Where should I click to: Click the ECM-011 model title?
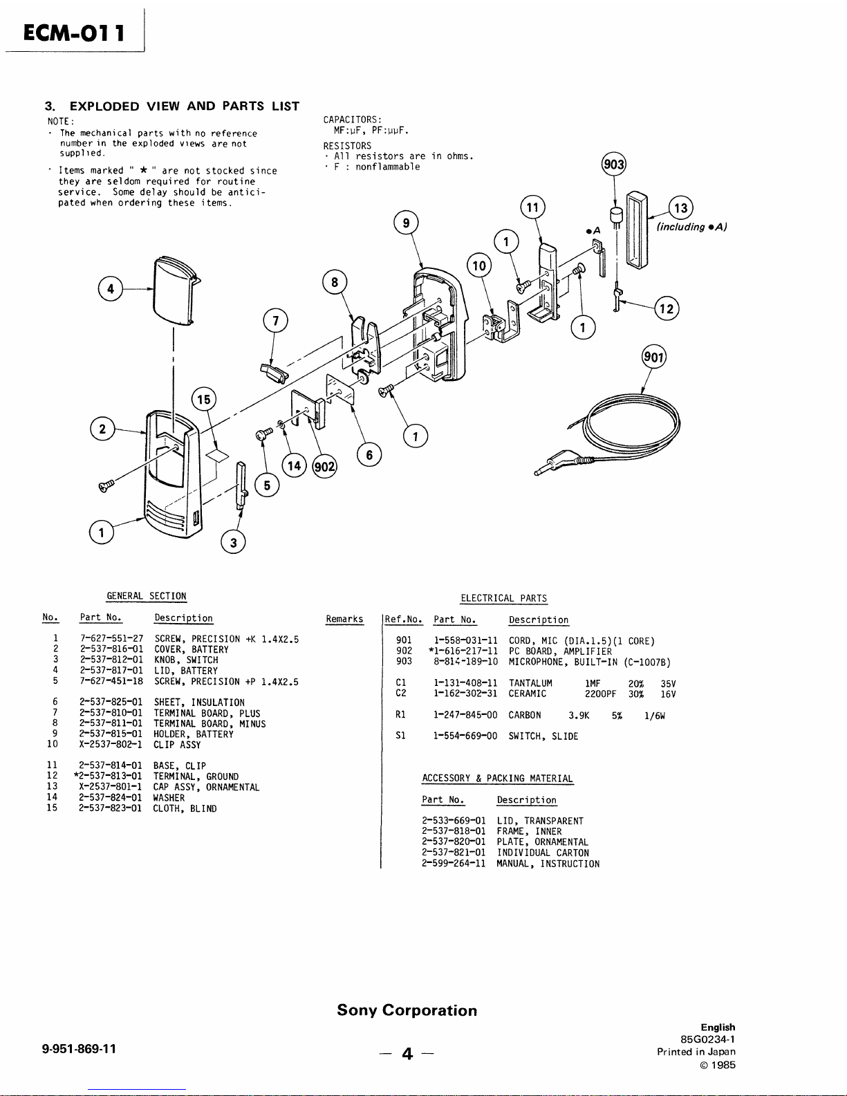pos(74,32)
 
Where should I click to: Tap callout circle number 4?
pos(111,288)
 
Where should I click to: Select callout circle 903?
pos(614,164)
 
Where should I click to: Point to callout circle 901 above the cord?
pos(653,357)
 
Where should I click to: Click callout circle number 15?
pos(204,400)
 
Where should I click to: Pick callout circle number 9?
pos(406,223)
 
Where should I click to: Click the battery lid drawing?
pos(173,288)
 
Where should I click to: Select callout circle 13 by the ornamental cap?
pos(681,208)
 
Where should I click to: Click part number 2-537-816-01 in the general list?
pos(111,649)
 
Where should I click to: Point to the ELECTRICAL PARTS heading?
pos(503,598)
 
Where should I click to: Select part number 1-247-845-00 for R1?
pos(465,715)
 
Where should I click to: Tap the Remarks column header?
pos(344,619)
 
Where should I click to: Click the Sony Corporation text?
pos(407,1010)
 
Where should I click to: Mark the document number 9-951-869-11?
pos(79,1048)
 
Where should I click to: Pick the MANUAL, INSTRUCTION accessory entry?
pos(548,864)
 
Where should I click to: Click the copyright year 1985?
pos(723,1065)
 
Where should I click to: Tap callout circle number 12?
pos(667,308)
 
